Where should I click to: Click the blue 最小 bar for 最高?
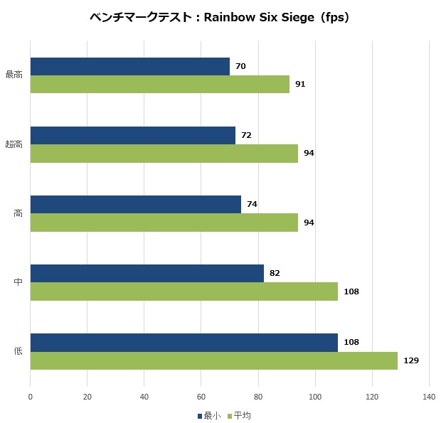pos(130,67)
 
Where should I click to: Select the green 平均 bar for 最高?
pos(160,84)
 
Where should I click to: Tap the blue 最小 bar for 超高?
pos(133,135)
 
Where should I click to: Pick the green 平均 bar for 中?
pos(184,291)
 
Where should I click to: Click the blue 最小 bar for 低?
pos(184,343)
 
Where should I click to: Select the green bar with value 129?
pos(214,360)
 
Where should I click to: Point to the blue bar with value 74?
pos(136,204)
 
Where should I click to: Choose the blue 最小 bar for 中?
pos(147,274)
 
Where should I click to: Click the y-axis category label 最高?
pos(14,75)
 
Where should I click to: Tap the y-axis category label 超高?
pos(14,144)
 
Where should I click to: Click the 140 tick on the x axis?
pos(428,397)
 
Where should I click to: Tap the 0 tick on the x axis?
pos(31,397)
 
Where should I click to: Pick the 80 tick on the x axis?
pos(258,397)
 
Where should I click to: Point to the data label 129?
pos(410,360)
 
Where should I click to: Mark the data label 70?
pos(240,67)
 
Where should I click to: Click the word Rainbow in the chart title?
pos(229,17)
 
